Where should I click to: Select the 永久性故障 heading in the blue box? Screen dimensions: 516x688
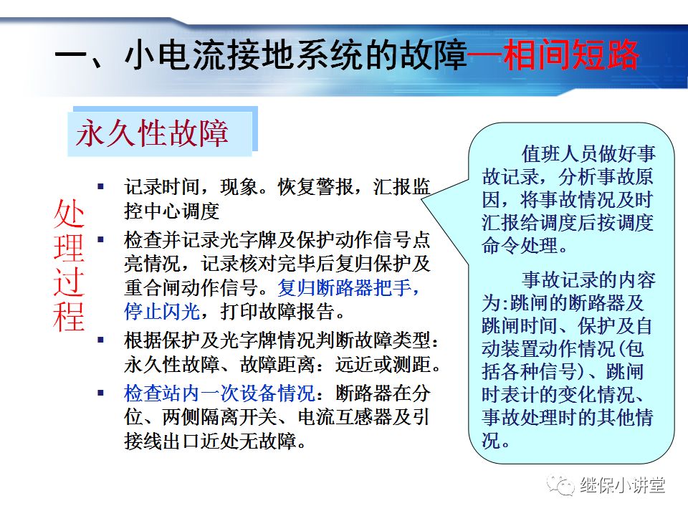(x=153, y=133)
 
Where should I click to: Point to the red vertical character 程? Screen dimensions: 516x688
(x=69, y=316)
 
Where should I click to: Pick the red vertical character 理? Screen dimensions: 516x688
(x=69, y=248)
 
